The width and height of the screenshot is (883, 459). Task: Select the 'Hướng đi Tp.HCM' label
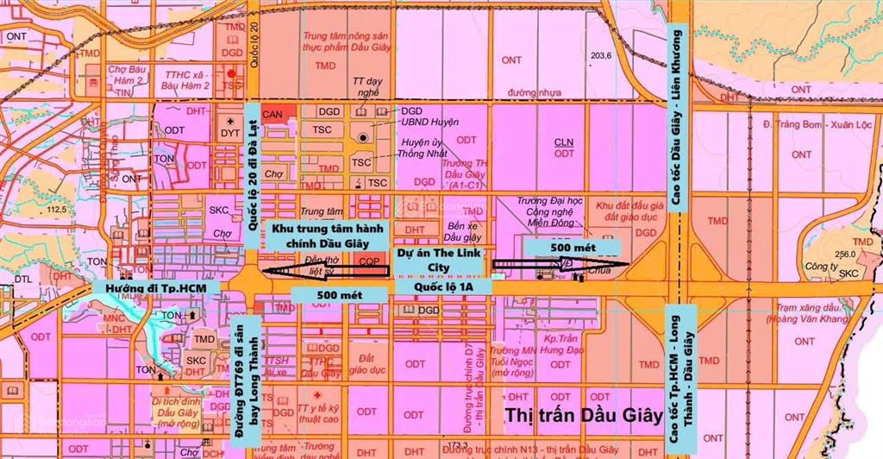(154, 286)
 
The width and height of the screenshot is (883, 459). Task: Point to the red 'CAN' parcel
(273, 113)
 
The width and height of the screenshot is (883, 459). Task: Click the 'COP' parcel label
(369, 260)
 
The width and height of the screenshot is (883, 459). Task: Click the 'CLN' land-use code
(564, 141)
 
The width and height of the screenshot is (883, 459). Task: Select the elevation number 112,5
(57, 210)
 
